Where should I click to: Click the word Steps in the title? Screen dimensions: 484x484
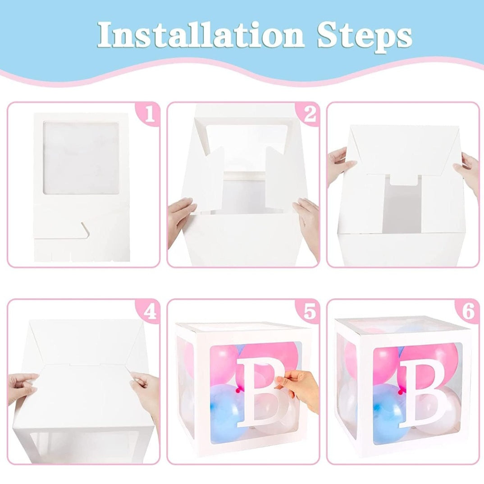coord(364,34)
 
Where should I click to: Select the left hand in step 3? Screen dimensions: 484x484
coord(340,165)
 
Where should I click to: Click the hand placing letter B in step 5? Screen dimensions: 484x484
coord(300,388)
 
